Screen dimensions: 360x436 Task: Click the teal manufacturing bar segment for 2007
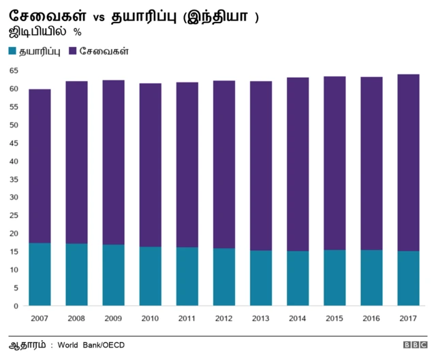coord(40,274)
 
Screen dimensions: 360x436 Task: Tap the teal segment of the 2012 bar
coord(223,277)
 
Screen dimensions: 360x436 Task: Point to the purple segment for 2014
coord(298,164)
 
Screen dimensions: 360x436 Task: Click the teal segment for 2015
coord(334,277)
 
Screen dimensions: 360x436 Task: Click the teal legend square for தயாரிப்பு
coord(14,51)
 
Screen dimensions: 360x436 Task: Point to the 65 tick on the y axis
coord(13,71)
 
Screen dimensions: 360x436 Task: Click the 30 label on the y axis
coord(13,197)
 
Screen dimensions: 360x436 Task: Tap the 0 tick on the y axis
coord(15,305)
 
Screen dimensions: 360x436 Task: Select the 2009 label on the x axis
coord(113,318)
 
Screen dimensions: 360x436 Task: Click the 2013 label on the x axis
coord(260,318)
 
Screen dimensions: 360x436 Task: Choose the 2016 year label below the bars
coord(371,318)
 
